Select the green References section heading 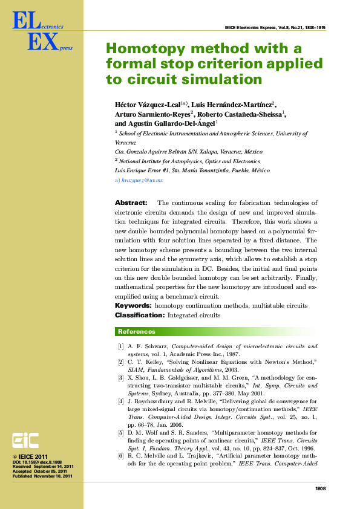click(136, 331)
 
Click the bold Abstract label click(131, 203)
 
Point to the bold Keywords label click(133, 306)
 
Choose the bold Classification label click(139, 315)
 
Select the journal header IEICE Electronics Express click(251, 28)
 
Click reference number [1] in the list click(121, 346)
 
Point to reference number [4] click(121, 401)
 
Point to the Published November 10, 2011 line click(42, 476)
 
